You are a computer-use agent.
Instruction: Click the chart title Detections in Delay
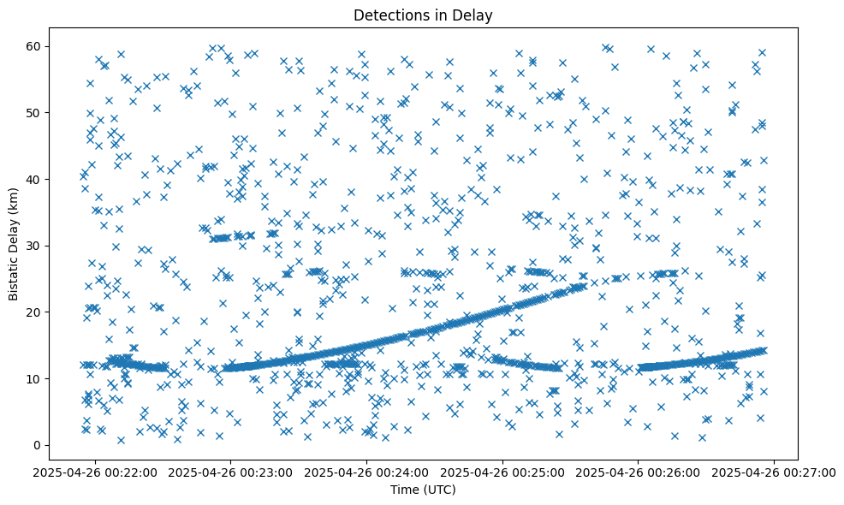coord(423,15)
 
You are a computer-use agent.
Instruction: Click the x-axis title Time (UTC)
coord(423,490)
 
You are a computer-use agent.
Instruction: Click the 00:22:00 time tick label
coord(96,472)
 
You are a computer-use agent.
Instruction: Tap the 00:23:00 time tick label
coord(231,472)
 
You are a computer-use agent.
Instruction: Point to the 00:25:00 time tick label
coord(502,472)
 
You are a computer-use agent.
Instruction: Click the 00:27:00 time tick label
coord(774,472)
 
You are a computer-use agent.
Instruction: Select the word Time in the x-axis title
coord(404,490)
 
